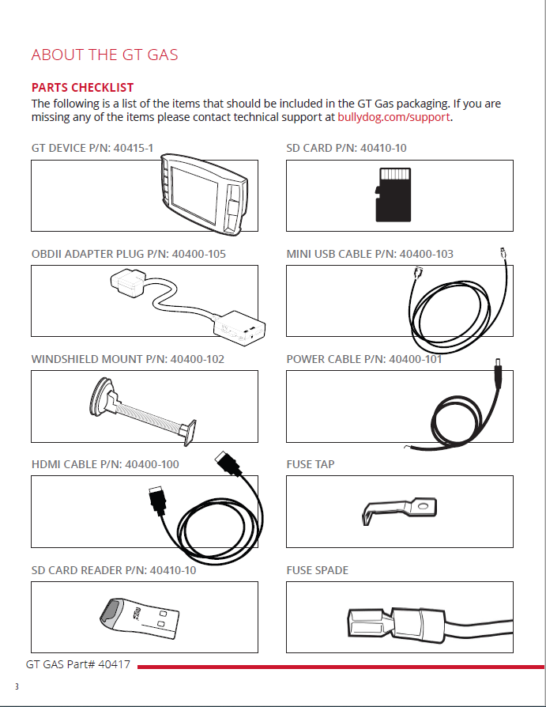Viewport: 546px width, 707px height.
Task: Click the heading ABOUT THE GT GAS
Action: tap(104, 55)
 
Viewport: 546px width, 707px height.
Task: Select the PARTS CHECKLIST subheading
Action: tap(82, 87)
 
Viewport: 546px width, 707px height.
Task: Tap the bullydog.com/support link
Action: tap(393, 117)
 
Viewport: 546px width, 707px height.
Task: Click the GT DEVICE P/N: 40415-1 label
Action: tap(92, 148)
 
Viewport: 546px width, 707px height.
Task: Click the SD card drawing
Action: tap(393, 195)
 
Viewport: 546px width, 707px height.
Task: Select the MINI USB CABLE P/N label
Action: tap(370, 254)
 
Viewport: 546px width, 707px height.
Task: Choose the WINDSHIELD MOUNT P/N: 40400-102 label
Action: tap(128, 359)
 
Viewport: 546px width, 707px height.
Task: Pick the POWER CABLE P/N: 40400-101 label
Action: tap(364, 359)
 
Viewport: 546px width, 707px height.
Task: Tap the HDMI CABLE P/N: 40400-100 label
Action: tap(105, 464)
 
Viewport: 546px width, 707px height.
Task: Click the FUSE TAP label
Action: tap(311, 464)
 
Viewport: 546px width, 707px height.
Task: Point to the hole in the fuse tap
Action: tap(423, 503)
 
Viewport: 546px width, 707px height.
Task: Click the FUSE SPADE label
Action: tap(317, 570)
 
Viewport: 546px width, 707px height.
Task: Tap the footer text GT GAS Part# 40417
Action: tap(78, 665)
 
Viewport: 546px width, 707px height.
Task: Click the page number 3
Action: tap(17, 686)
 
